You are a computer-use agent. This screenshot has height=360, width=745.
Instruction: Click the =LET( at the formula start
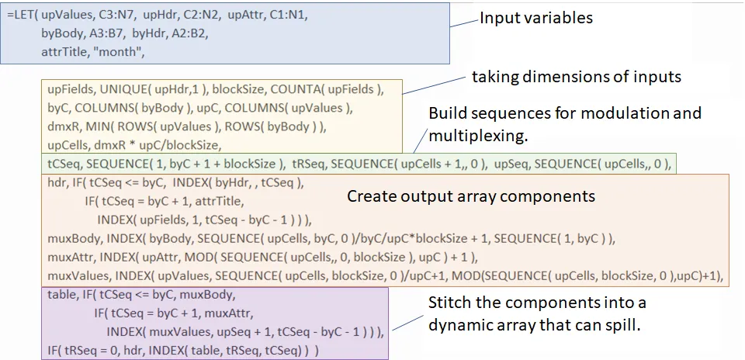coord(24,16)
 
